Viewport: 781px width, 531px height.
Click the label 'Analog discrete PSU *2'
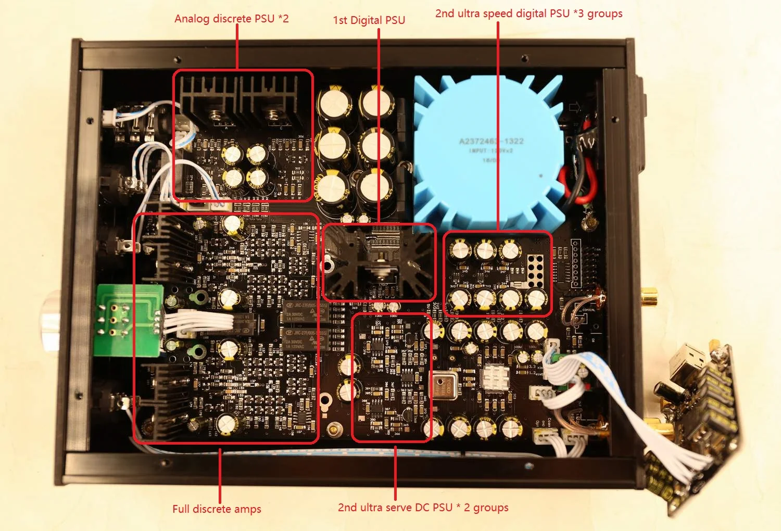pos(231,19)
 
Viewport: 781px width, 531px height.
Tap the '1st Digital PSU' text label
pos(369,20)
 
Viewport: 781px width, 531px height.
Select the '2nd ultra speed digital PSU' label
pos(528,14)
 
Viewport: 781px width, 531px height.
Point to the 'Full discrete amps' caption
pos(217,509)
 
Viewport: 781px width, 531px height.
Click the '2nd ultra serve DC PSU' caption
pos(423,507)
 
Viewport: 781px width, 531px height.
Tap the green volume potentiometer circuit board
pos(128,320)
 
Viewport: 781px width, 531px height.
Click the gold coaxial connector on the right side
pos(649,298)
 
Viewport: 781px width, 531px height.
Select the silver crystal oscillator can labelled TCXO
pos(446,385)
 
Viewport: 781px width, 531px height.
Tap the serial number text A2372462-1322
pos(491,141)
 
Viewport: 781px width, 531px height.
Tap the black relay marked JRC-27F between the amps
pos(299,312)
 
